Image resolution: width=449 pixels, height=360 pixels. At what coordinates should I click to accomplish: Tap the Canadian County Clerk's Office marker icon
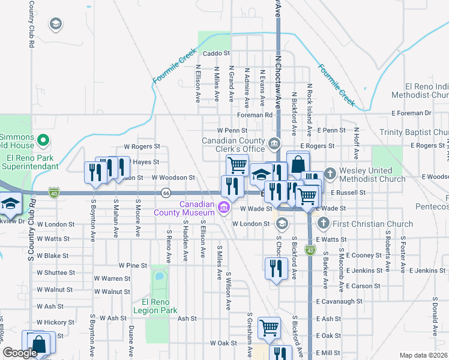click(x=274, y=143)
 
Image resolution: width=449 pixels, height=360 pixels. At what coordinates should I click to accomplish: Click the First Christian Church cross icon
click(x=323, y=224)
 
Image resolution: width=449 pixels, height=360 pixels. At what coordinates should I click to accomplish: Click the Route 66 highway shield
click(x=166, y=193)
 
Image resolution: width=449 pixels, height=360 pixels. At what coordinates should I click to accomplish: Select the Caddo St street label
click(x=217, y=53)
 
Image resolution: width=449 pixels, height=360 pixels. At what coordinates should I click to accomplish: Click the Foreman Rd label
click(x=255, y=115)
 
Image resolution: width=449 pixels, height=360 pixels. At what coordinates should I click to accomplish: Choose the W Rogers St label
click(x=142, y=146)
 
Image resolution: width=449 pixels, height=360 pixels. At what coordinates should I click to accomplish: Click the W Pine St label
click(x=133, y=265)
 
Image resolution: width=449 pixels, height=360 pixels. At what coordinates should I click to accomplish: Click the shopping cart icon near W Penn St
click(x=237, y=164)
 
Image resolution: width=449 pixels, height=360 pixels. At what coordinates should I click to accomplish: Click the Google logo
click(x=20, y=353)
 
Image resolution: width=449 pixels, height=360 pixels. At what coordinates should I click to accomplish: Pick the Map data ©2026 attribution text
click(x=423, y=355)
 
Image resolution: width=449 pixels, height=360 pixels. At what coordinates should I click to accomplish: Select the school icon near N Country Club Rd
click(x=56, y=24)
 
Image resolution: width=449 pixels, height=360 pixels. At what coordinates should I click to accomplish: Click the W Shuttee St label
click(x=56, y=272)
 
